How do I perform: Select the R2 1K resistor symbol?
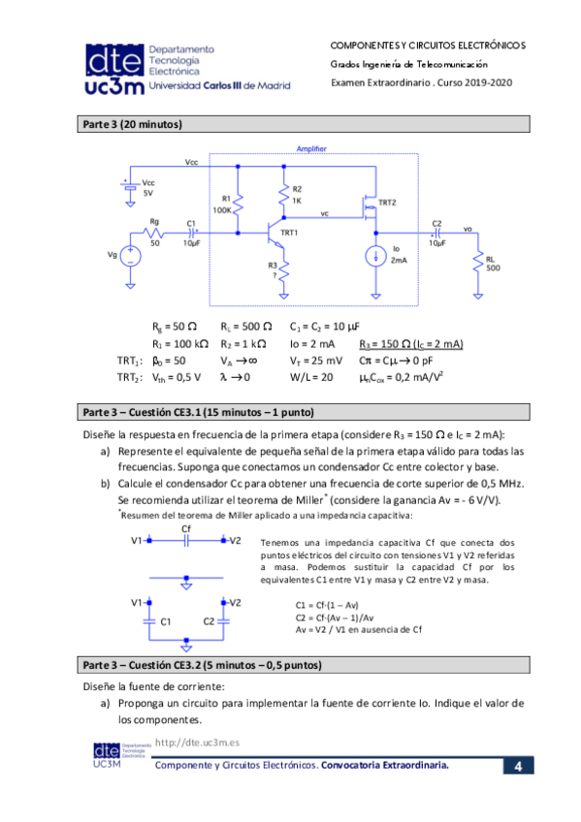tap(284, 200)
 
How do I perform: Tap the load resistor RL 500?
tap(477, 264)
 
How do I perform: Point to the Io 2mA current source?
tap(374, 257)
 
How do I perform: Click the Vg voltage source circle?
tap(130, 257)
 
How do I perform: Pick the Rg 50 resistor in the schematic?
tap(153, 233)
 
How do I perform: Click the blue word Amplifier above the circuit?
tap(310, 148)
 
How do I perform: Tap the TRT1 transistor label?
tap(289, 234)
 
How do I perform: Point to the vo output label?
tap(468, 229)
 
